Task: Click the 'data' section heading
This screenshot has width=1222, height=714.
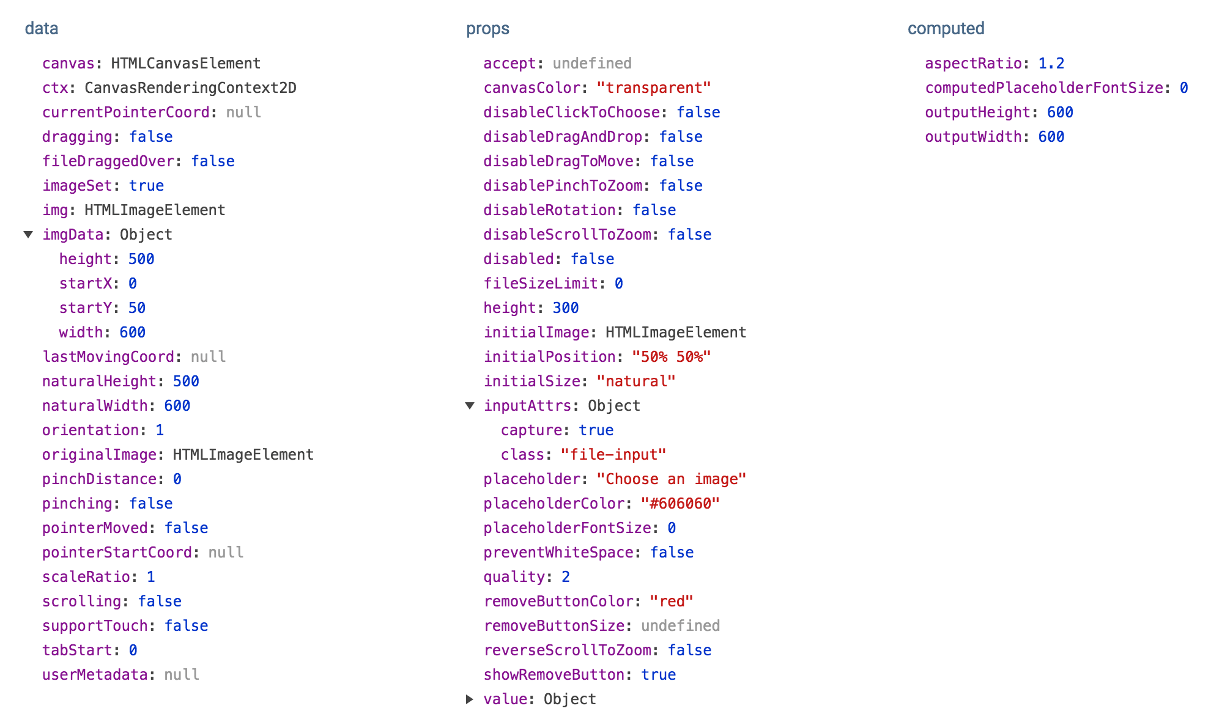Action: coord(42,29)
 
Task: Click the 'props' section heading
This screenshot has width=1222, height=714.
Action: coord(487,29)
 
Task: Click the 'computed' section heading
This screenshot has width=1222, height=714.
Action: coord(946,29)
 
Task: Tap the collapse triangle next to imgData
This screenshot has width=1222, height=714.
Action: coord(28,235)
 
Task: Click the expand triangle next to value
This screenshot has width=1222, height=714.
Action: coord(469,699)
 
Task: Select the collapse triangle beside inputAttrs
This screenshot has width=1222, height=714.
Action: coord(470,406)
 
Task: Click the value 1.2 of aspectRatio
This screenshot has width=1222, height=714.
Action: coord(1051,64)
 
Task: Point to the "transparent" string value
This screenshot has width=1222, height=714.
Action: coord(653,88)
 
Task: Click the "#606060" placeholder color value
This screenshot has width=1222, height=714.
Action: coord(680,504)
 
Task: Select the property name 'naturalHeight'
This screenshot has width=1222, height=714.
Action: coord(99,381)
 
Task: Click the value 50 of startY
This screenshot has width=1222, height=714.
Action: coord(136,308)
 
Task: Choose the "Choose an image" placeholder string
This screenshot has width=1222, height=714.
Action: coord(671,479)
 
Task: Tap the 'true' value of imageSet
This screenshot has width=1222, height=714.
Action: coord(146,186)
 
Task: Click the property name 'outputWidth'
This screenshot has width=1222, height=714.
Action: coord(972,137)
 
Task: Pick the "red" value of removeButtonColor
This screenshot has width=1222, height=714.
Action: coord(671,602)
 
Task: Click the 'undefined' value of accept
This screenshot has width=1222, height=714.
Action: coord(592,64)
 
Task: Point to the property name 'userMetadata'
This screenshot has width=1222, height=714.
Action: coord(94,675)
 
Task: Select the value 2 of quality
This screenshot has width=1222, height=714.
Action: coord(566,577)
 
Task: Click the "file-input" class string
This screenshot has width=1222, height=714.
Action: coord(613,455)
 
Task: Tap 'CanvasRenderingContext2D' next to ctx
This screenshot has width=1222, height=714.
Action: coord(190,88)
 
